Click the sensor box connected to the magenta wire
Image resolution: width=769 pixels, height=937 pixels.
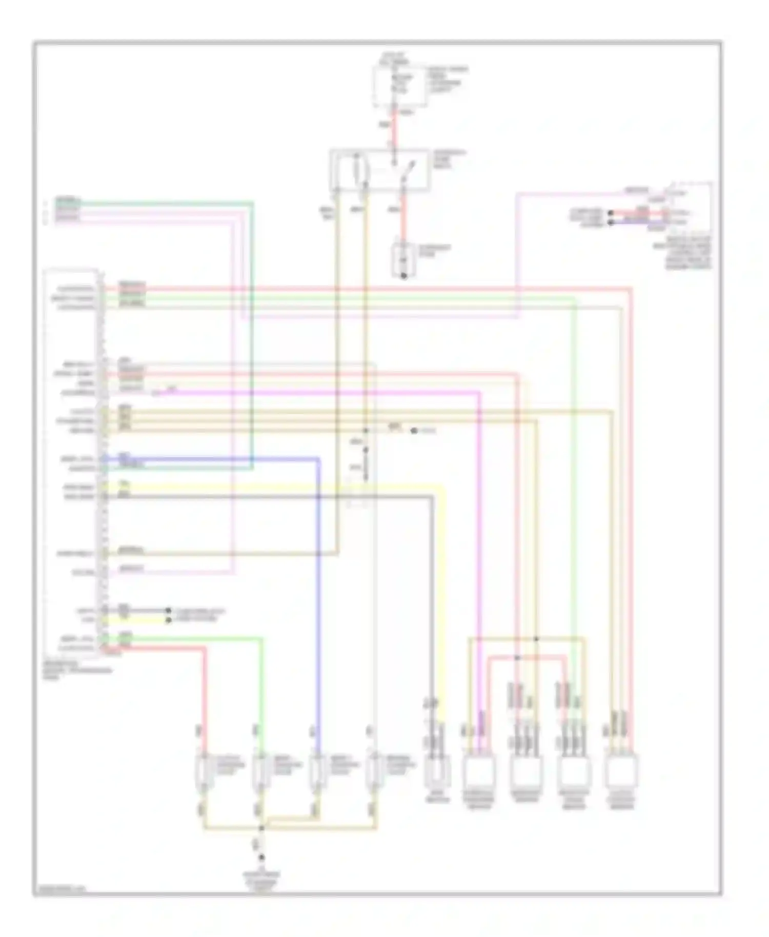coord(479,774)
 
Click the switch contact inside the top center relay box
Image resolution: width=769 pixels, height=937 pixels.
coord(405,172)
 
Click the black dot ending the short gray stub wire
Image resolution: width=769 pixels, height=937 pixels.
coord(168,610)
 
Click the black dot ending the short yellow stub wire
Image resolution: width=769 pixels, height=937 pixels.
coord(168,620)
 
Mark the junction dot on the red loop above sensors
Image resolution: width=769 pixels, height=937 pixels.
coord(517,658)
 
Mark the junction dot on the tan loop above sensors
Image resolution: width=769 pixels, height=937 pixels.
coord(536,639)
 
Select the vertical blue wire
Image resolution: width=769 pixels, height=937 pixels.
coord(318,589)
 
